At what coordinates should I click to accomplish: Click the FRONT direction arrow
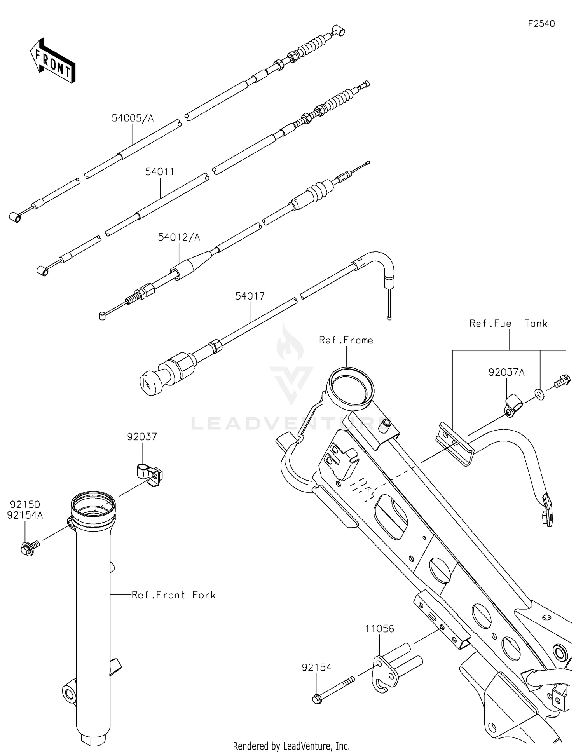click(52, 61)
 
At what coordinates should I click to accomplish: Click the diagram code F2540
click(541, 24)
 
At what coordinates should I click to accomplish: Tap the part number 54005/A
click(133, 118)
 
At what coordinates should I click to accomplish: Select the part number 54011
click(160, 172)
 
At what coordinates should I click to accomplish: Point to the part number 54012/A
click(179, 237)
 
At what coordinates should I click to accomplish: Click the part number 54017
click(250, 296)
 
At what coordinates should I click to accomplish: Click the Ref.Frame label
click(346, 340)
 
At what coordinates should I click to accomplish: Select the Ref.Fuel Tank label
click(508, 324)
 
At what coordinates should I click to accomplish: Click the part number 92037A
click(506, 373)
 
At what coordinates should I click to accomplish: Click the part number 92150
click(25, 505)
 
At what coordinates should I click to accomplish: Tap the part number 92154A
click(25, 515)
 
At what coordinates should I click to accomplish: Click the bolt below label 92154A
click(30, 548)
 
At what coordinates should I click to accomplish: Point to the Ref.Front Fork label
click(174, 595)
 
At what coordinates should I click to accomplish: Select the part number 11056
click(380, 629)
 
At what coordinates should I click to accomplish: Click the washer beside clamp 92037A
click(539, 394)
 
